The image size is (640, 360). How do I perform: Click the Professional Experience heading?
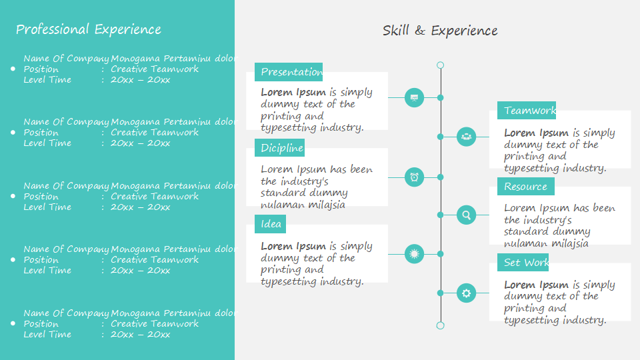[88, 29]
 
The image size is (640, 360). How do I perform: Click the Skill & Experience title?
[440, 31]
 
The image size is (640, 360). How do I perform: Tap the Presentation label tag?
[289, 72]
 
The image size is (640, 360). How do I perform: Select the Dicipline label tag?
[279, 148]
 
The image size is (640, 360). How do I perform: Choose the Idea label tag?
[270, 224]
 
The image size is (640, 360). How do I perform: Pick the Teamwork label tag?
[527, 111]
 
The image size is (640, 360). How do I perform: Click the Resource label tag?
[526, 187]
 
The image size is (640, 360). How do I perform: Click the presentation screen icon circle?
[415, 98]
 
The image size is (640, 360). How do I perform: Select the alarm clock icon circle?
[415, 177]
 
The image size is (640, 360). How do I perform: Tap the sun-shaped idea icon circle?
[415, 254]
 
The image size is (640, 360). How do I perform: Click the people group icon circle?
[466, 137]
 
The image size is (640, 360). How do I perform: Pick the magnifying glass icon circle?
[466, 215]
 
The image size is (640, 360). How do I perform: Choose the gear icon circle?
[466, 293]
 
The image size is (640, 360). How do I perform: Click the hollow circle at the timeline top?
[440, 65]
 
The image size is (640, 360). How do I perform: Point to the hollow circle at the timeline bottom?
[440, 325]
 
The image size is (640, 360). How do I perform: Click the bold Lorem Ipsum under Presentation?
[293, 93]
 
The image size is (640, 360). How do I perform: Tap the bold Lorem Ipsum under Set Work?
[537, 285]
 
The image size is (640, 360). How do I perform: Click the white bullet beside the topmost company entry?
[13, 69]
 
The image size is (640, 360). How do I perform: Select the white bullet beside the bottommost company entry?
[13, 323]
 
